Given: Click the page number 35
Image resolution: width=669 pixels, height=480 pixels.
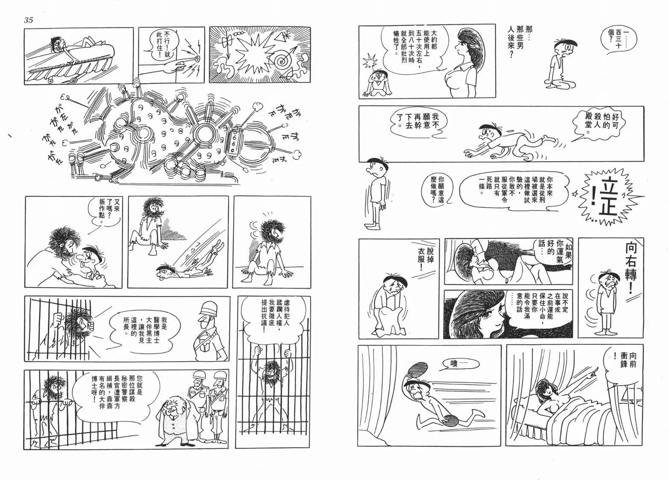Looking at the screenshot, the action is pos(29,20).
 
